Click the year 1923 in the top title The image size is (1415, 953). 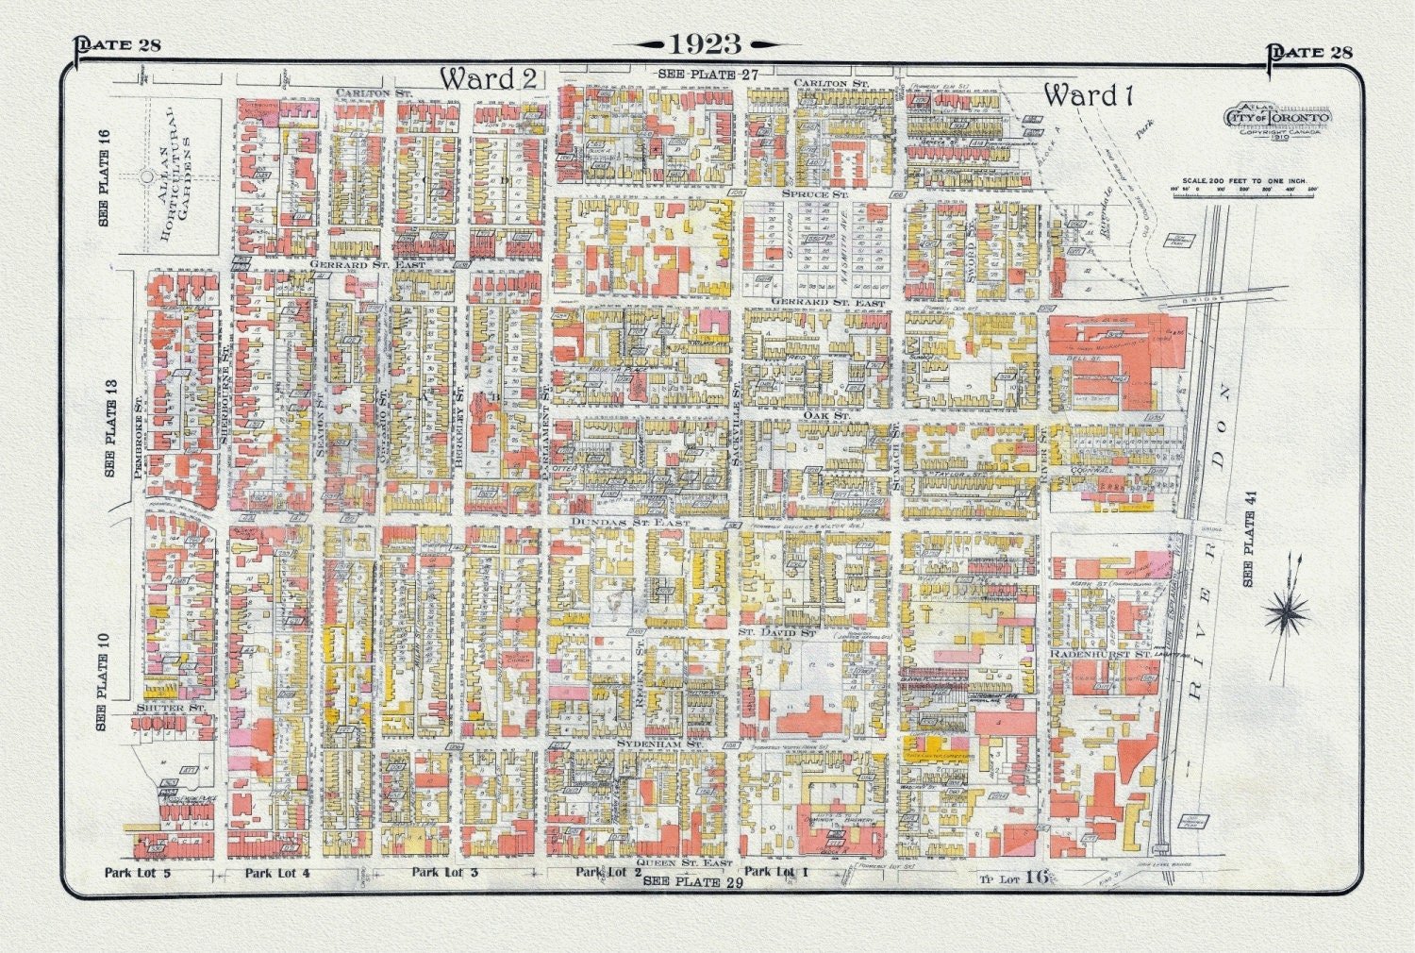706,44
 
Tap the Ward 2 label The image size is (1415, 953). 489,78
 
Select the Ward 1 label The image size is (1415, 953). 1088,94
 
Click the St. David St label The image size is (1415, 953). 776,631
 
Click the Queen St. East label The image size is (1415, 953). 684,862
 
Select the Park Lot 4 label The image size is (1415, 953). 277,873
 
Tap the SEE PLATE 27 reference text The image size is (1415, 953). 708,74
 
